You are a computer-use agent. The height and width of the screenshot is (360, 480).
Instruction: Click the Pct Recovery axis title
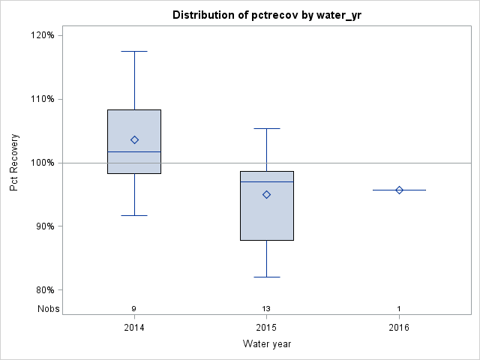point(14,163)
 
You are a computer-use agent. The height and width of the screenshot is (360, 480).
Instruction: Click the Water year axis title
point(266,344)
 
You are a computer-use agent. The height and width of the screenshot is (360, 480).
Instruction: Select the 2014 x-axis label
point(134,327)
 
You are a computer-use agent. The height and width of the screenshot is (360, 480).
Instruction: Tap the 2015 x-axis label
point(266,327)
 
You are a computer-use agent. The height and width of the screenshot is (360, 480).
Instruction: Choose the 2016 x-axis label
point(399,327)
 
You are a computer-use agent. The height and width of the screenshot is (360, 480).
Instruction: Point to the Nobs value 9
point(134,309)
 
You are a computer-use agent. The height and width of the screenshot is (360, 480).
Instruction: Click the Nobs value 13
point(266,309)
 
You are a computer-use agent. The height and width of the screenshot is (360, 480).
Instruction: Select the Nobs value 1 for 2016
point(399,309)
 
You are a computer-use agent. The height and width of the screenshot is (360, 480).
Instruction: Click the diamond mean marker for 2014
point(134,139)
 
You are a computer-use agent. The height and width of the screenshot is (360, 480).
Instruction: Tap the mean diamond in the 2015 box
point(266,194)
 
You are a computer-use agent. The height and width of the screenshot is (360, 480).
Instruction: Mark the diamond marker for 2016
point(399,190)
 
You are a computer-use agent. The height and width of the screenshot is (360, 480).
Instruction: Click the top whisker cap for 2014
point(134,51)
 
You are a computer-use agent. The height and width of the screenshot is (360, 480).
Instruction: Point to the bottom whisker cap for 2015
point(266,277)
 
